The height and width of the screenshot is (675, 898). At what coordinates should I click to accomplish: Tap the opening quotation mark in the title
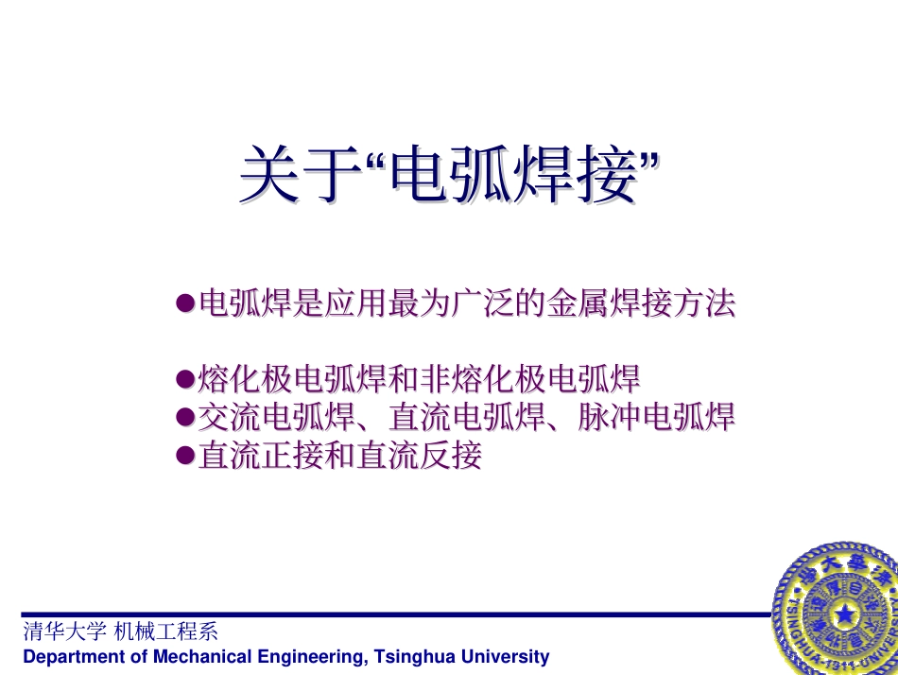376,163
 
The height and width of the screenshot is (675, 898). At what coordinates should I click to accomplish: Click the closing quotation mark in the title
648,163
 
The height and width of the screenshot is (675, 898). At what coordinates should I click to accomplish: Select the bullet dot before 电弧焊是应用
185,303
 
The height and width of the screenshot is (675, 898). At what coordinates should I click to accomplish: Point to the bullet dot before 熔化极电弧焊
185,380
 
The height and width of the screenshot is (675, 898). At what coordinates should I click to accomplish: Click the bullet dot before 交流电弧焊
185,418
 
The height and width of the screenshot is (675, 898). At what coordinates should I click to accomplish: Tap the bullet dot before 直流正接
185,456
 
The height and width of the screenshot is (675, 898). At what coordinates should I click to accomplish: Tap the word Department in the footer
68,656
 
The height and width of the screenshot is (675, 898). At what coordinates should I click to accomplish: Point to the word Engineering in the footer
307,656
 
